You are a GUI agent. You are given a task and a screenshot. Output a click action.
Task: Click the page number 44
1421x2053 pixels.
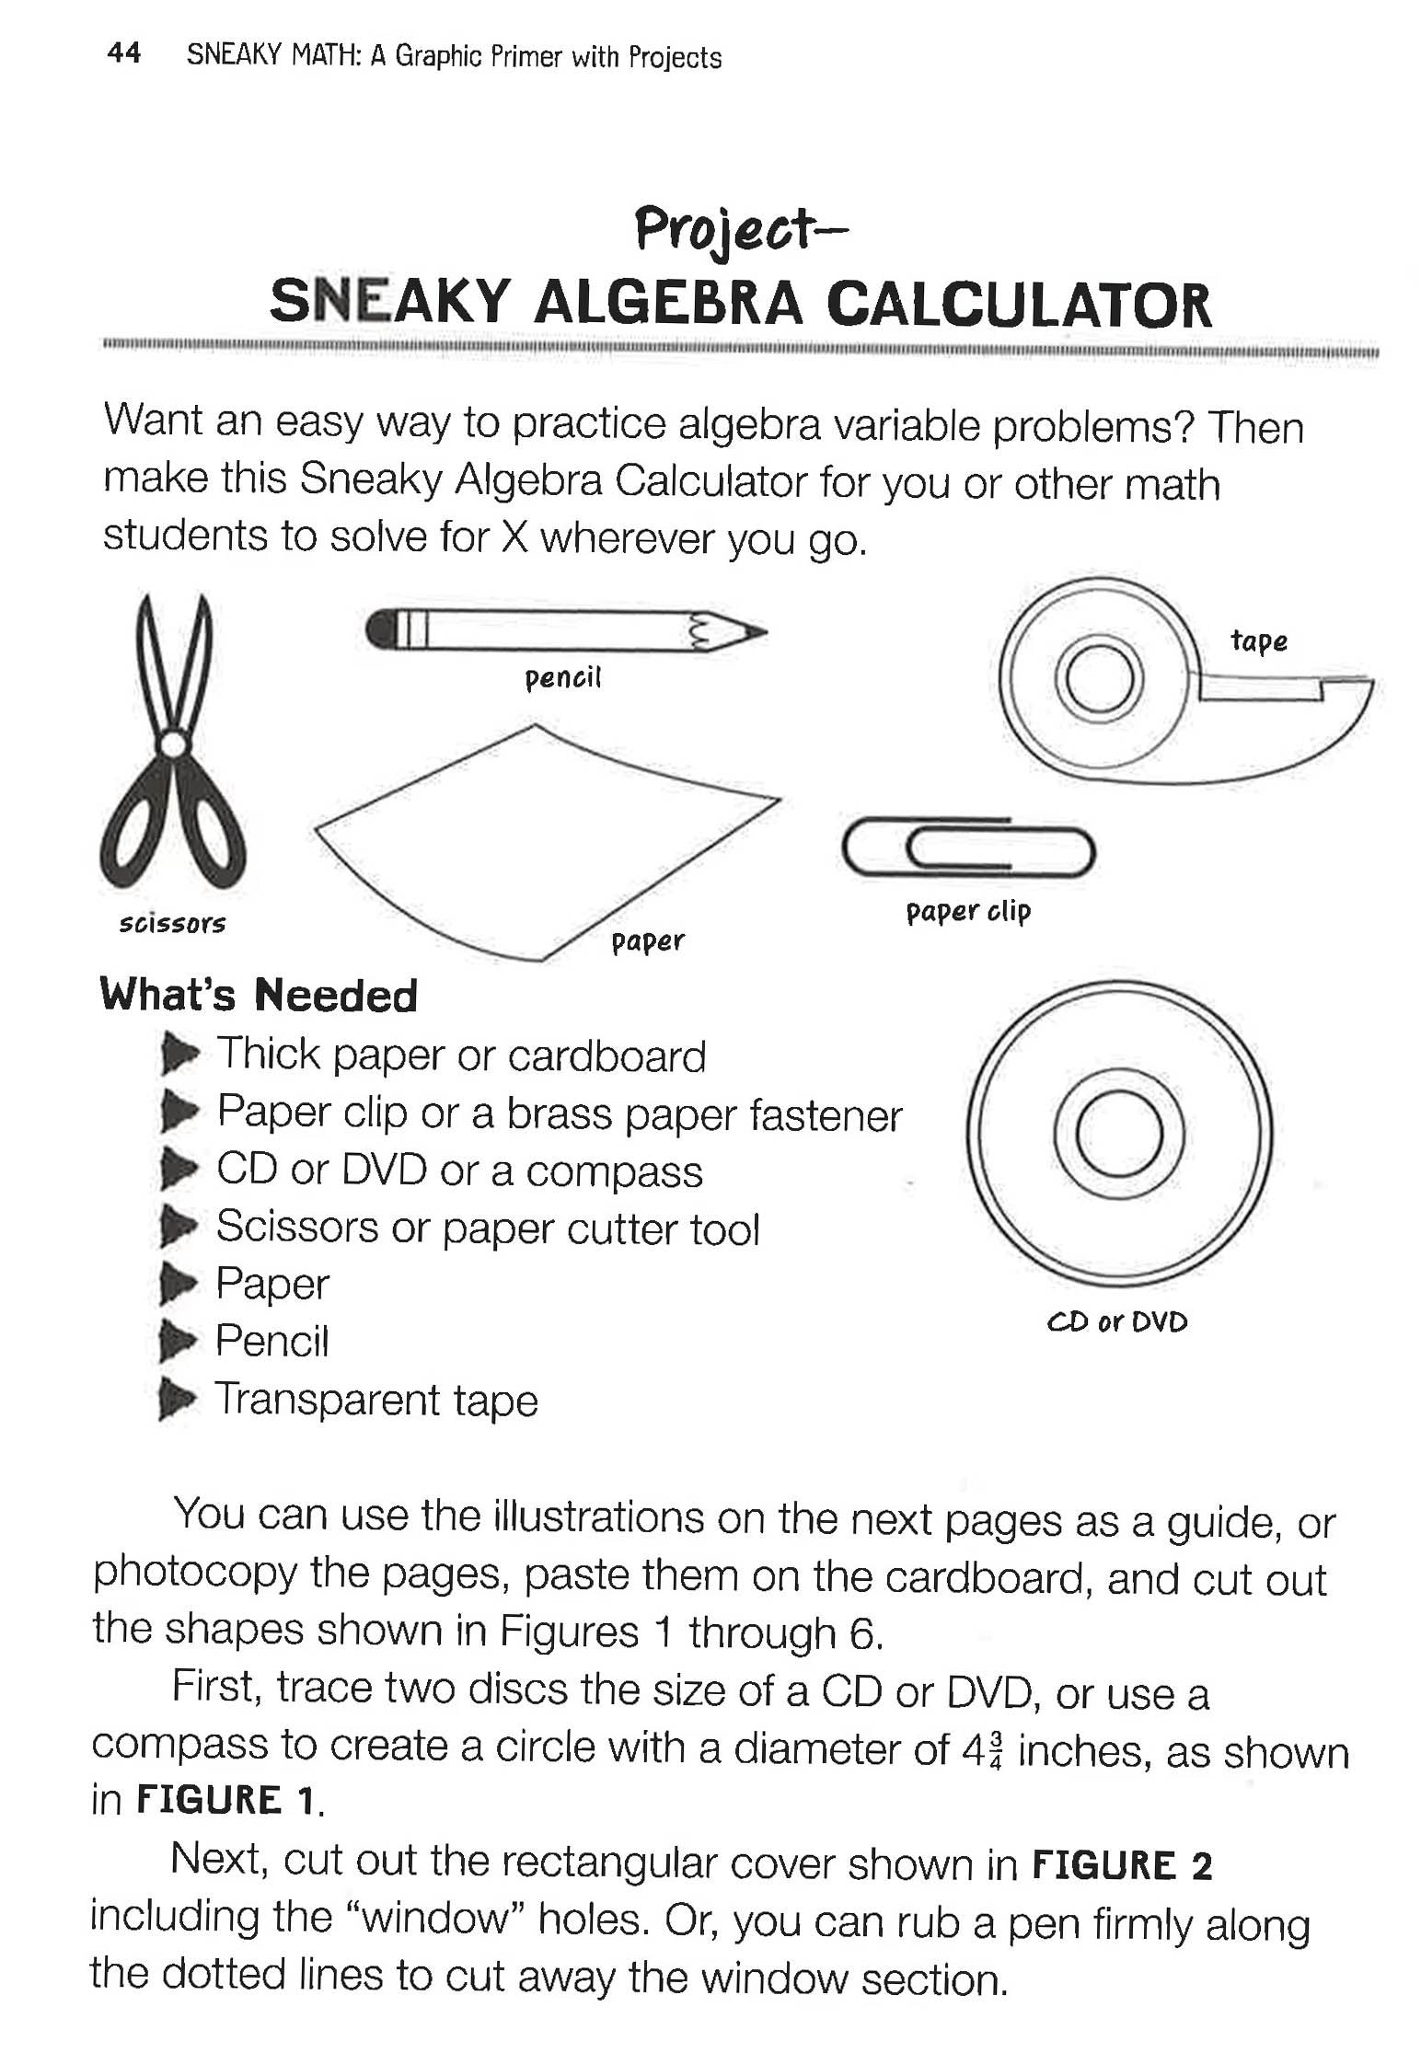tap(123, 53)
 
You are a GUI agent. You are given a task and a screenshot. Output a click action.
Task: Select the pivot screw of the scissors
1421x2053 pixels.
tap(171, 744)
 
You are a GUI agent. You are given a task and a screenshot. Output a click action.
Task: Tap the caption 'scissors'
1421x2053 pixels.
tap(172, 923)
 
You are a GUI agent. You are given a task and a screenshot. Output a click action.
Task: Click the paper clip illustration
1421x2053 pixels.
tap(967, 848)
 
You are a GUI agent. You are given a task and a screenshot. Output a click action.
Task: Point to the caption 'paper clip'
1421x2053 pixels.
tap(968, 911)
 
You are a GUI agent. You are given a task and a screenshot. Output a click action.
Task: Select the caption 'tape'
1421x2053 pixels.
tap(1258, 640)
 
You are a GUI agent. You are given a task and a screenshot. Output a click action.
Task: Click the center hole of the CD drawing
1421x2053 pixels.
tap(1117, 1133)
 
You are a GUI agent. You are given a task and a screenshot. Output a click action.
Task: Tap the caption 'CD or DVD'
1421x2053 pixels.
tap(1117, 1321)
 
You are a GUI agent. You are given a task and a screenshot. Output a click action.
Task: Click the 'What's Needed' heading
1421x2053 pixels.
tap(259, 996)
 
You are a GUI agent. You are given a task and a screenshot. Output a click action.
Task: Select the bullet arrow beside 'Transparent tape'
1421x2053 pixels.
tap(178, 1401)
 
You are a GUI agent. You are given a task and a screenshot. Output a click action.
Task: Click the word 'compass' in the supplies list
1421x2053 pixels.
tap(614, 1171)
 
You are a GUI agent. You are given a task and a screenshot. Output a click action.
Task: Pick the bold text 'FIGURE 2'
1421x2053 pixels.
tap(1122, 1866)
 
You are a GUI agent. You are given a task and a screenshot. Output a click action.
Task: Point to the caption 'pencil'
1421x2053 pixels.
tap(562, 678)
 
